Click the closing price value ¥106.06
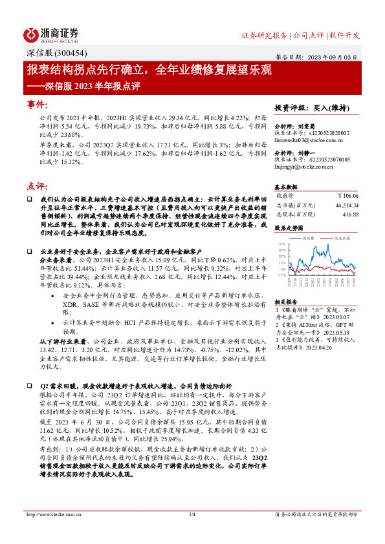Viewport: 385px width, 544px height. tap(347, 195)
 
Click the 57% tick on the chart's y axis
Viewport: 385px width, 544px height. tap(282, 244)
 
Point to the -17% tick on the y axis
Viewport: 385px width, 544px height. tap(281, 275)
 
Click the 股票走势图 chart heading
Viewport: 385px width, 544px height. tap(289, 228)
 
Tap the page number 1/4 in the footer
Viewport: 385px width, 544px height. tap(192, 514)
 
